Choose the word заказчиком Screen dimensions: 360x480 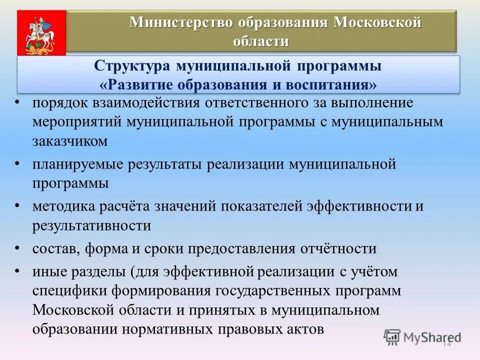[x=70, y=141]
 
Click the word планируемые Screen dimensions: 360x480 [x=81, y=164]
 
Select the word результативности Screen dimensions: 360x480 [x=92, y=225]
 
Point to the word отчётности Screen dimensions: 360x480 [x=342, y=248]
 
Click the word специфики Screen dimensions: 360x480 [x=68, y=291]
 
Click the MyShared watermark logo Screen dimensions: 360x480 [x=422, y=337]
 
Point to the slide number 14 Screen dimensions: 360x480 [x=446, y=344]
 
